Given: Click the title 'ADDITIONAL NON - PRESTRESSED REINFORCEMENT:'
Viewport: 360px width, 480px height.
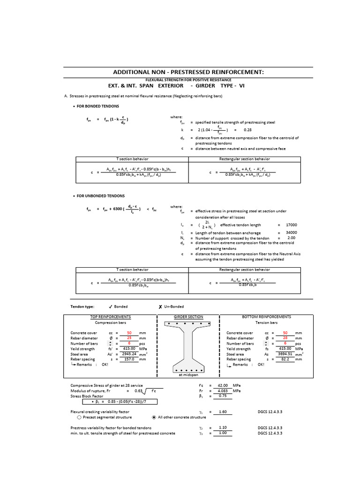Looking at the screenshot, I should tap(188, 72).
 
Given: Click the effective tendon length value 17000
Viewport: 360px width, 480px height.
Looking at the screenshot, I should tap(291, 225).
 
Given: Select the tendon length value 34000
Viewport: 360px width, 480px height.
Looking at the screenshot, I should tap(291, 232).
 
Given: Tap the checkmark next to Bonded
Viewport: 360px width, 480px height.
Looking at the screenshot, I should tap(110, 307).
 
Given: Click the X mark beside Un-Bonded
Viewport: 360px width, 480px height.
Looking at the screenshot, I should tap(160, 307).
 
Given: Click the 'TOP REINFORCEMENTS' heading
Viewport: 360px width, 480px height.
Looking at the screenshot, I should tap(110, 317).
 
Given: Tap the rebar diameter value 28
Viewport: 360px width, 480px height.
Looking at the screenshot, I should tap(285, 338).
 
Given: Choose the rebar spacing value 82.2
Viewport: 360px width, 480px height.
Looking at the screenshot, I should tap(285, 360).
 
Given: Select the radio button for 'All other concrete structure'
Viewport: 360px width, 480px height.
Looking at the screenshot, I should tap(154, 417).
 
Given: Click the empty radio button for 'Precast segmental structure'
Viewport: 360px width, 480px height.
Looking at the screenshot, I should tap(79, 417).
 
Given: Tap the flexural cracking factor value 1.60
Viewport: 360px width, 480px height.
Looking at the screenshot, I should tap(223, 412).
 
